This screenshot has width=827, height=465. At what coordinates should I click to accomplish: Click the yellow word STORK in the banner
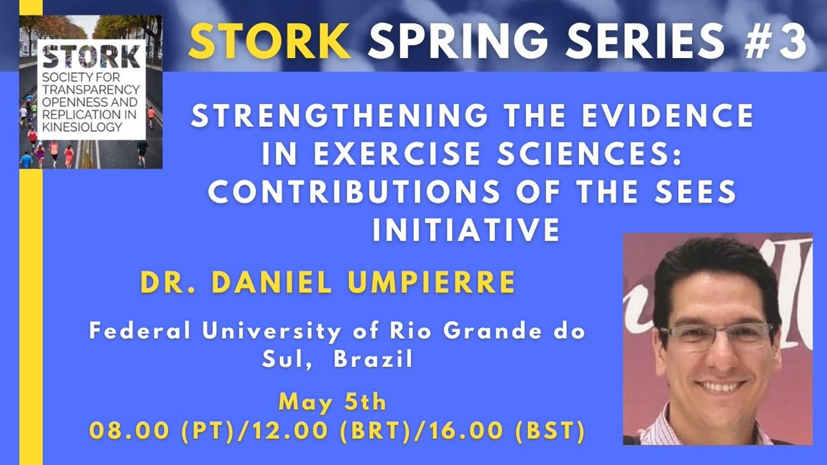tap(269, 43)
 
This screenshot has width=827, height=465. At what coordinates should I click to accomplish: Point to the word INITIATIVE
tap(465, 229)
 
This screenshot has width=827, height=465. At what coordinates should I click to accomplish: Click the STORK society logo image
tap(91, 92)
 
